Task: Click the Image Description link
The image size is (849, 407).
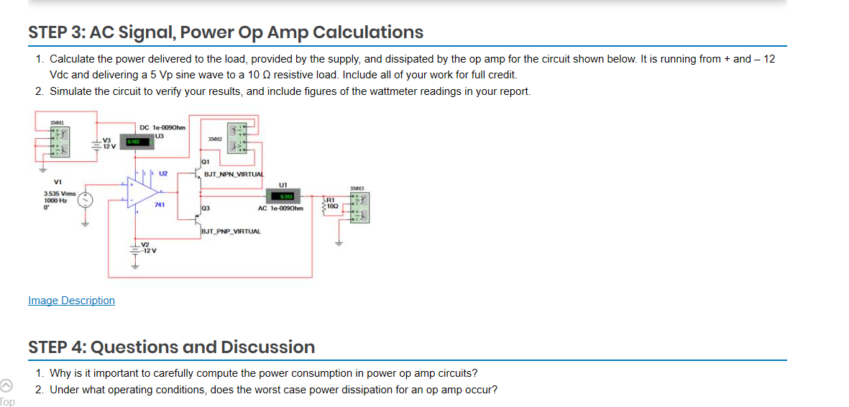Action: click(x=71, y=301)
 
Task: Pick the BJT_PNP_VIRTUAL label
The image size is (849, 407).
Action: click(x=231, y=232)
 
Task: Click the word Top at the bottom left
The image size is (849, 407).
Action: click(x=7, y=401)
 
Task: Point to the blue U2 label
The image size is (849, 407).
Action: click(x=162, y=173)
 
